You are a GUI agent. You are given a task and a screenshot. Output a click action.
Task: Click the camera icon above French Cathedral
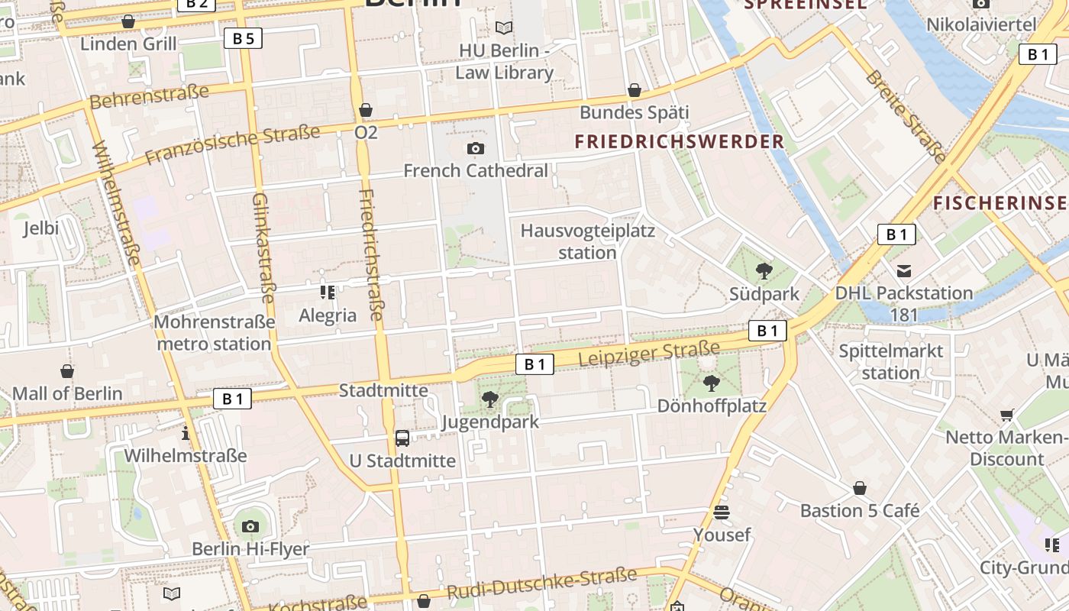476,148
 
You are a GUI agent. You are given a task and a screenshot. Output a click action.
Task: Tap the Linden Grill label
128,44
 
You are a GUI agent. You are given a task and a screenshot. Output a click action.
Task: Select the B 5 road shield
243,38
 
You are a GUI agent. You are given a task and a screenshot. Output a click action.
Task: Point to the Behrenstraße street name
149,97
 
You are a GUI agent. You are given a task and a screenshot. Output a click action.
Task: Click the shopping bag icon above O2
366,110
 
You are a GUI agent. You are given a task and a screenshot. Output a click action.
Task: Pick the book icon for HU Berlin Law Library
504,28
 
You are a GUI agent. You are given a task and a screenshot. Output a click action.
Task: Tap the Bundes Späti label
634,113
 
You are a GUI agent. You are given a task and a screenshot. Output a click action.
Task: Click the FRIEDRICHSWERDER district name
680,141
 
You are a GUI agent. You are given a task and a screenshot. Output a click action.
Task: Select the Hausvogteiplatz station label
587,241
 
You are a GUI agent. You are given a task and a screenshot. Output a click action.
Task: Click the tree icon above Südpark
763,270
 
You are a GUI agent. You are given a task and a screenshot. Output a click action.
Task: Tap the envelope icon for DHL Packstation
904,270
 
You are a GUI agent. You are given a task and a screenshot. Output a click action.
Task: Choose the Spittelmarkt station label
891,362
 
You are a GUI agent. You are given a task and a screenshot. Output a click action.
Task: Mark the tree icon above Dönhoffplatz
712,383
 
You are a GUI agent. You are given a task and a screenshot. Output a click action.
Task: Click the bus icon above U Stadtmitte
402,438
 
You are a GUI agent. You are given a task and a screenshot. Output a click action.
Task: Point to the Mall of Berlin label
67,393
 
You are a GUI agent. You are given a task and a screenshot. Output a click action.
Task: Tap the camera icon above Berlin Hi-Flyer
250,526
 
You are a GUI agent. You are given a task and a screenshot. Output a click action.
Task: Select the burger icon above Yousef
722,512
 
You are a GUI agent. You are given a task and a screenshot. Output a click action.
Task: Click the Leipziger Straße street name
649,354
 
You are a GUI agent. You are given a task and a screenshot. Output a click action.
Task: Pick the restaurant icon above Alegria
328,292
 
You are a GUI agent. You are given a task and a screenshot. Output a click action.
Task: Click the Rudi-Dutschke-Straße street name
541,584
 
